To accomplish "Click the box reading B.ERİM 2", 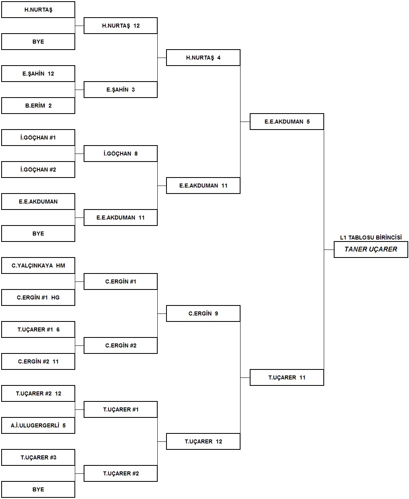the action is [38, 106].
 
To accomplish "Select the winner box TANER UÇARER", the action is [371, 249].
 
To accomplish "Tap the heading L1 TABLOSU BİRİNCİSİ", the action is [371, 238].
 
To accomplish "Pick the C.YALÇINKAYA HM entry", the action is [38, 265].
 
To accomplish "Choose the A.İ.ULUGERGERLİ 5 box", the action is [38, 425].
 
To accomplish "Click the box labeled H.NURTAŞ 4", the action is [203, 58].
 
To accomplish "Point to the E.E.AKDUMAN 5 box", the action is [287, 122].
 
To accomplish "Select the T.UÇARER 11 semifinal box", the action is [287, 377].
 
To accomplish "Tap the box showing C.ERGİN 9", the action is [203, 313].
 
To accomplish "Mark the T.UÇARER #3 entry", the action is [38, 457].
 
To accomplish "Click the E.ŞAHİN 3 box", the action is [120, 90].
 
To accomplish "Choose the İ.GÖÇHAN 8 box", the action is [120, 154].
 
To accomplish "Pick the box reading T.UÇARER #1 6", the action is [38, 329].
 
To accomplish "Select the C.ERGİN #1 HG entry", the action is [38, 297].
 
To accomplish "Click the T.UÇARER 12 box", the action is [203, 441].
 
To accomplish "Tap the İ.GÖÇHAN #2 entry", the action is [38, 170].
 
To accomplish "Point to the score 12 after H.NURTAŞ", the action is [136, 26].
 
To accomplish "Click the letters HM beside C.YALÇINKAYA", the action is [60, 265].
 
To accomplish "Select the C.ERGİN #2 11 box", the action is [38, 361].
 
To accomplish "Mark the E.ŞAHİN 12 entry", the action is [38, 74].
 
